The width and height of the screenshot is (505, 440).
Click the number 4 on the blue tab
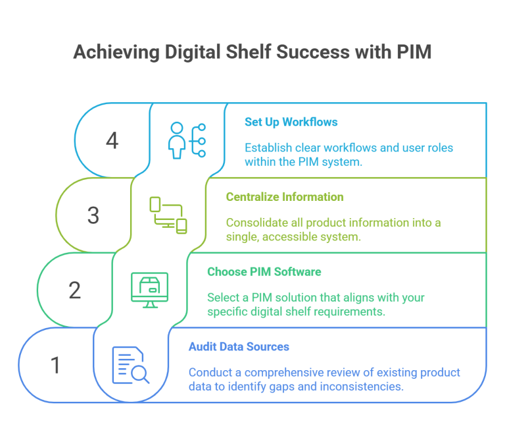coord(112,141)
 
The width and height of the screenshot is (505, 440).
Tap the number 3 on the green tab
coord(93,215)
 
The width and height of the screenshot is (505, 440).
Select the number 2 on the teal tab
coord(75,290)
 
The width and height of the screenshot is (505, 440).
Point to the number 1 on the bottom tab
coord(56,364)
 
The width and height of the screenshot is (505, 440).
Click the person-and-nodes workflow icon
coord(187,140)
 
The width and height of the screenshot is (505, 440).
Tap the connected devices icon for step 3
coord(168,215)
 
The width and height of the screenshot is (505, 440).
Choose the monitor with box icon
coord(149,289)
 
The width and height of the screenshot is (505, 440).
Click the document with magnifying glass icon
coord(130,364)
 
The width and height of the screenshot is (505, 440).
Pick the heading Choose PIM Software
coord(264,271)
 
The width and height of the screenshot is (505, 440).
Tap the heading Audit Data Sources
coord(239,346)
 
